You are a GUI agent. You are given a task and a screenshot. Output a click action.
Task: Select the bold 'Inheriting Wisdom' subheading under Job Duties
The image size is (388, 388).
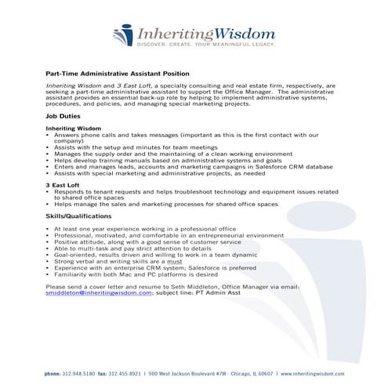[74, 127]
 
